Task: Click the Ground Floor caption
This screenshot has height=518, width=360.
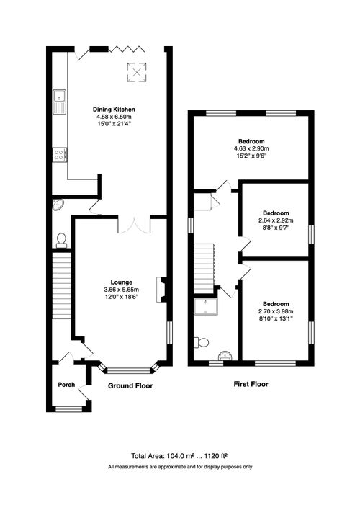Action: click(130, 386)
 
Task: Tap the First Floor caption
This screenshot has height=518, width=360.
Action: click(251, 384)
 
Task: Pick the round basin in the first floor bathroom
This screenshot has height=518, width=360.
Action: click(225, 354)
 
